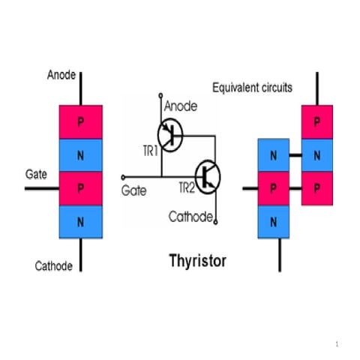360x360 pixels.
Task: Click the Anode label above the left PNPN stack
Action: coord(61,75)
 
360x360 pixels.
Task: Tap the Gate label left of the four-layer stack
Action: coord(36,174)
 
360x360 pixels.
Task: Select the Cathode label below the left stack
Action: coord(54,266)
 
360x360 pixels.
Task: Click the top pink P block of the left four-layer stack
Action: coord(80,121)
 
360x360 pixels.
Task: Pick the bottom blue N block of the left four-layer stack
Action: coord(80,222)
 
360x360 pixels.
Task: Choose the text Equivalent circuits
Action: coord(252,88)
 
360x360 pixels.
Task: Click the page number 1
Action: coord(338,343)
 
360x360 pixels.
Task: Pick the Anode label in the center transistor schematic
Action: coord(181,106)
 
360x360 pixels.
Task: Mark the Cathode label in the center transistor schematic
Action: coord(190,217)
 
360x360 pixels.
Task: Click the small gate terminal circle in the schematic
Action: coord(123,178)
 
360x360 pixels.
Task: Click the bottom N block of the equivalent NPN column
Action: coord(272,221)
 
